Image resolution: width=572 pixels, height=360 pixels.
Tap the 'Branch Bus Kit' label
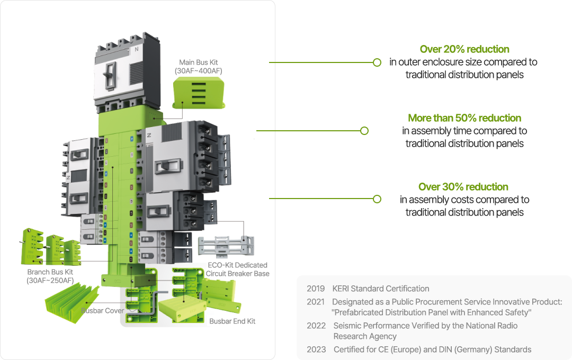coord(50,276)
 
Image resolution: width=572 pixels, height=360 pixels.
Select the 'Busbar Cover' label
coord(102,311)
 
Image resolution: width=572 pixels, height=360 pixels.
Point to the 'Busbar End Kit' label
coord(233,321)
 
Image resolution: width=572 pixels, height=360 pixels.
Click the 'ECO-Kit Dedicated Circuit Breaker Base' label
coord(237,269)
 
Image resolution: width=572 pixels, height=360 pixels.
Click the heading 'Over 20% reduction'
coord(464,49)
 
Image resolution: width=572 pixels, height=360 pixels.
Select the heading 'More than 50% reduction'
coord(464,118)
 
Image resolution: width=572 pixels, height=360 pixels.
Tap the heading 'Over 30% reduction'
coord(463,187)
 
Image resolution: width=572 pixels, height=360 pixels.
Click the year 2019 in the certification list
coord(316,289)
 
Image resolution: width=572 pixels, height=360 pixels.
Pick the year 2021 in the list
coord(316,302)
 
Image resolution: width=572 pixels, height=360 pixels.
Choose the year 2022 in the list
coord(316,326)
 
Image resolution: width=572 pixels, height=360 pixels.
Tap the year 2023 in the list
coord(316,349)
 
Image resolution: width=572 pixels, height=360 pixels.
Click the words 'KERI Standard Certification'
coord(381,289)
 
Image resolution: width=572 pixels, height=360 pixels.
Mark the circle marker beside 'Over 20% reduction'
coord(377,62)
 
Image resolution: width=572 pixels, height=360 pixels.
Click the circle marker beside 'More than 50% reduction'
coord(364,131)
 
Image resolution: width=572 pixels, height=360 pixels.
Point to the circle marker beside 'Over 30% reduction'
coord(377,199)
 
